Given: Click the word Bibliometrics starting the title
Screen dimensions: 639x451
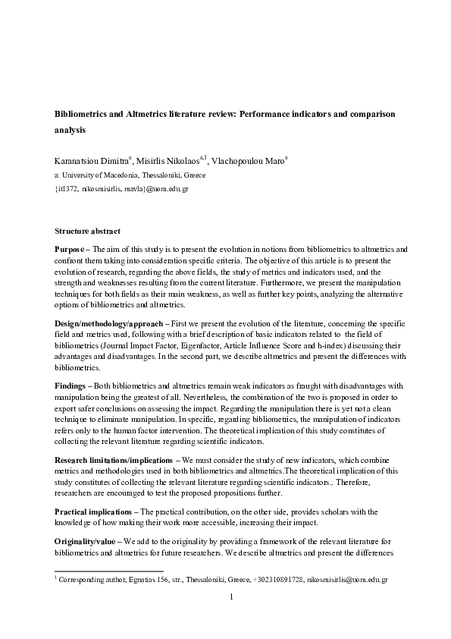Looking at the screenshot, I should pyautogui.click(x=83, y=113).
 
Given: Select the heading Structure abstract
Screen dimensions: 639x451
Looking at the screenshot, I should pyautogui.click(x=87, y=231).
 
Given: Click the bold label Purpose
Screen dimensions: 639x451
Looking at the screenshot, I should pyautogui.click(x=70, y=249).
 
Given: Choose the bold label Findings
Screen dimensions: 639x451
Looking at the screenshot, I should pyautogui.click(x=70, y=386).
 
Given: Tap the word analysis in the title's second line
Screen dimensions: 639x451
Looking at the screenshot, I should pyautogui.click(x=70, y=130).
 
